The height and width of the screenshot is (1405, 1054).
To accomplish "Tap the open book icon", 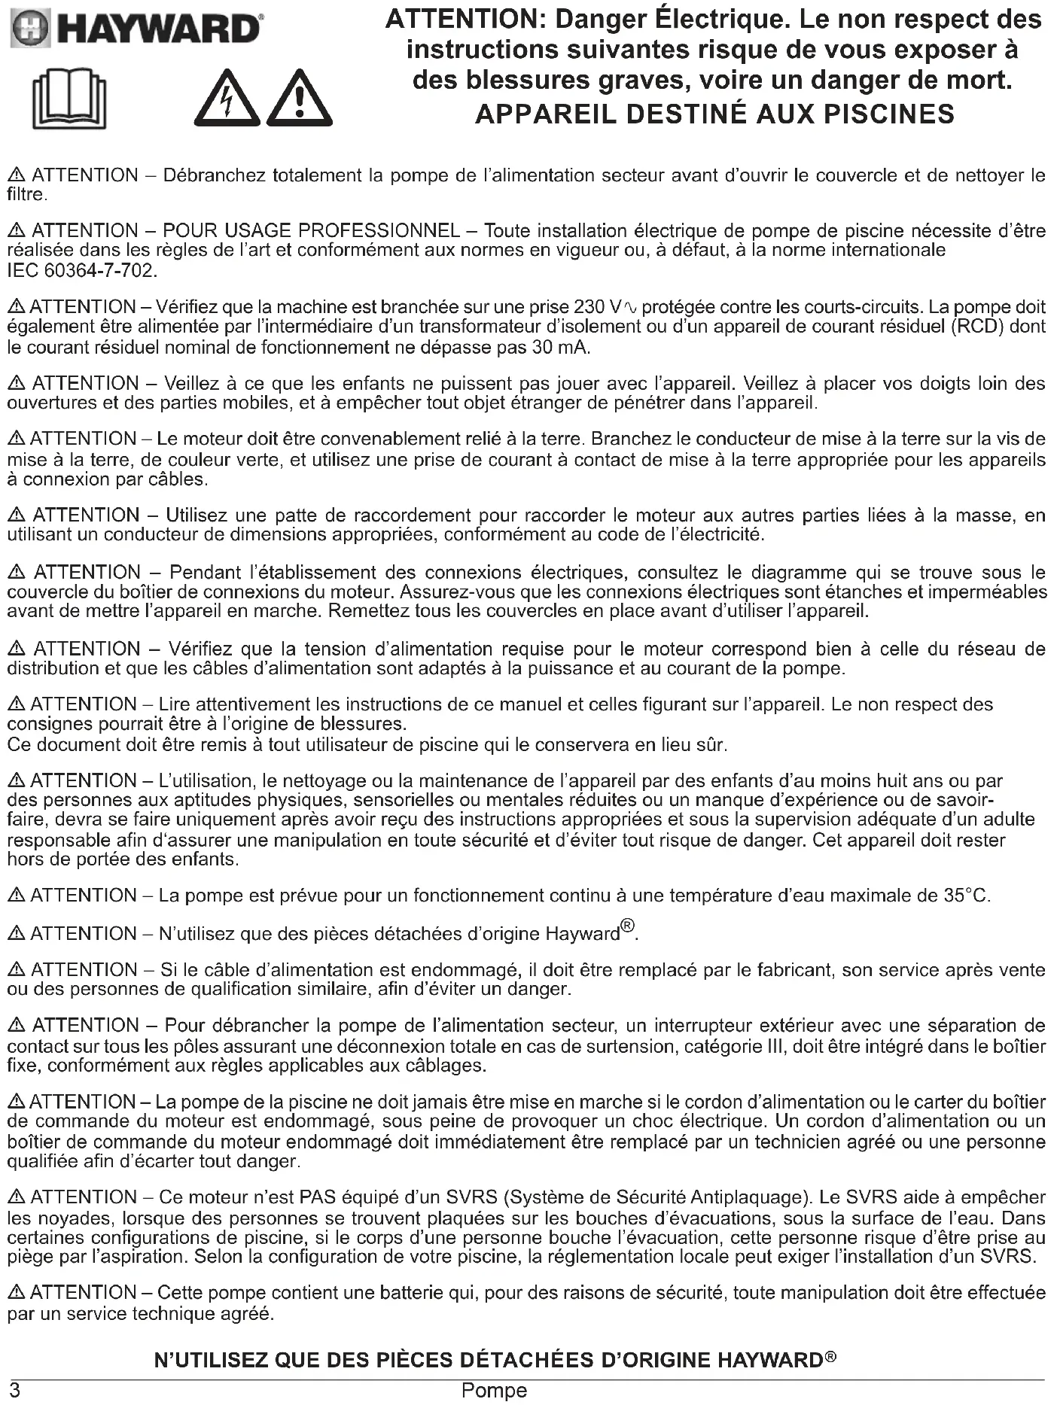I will click(69, 99).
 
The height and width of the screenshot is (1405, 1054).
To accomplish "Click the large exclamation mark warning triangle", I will click(300, 99).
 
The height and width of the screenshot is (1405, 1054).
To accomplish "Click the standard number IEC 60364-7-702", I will click(81, 271).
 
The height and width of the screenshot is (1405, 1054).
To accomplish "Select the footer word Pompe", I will click(494, 1391).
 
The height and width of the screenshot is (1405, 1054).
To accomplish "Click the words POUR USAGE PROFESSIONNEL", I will click(311, 231).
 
